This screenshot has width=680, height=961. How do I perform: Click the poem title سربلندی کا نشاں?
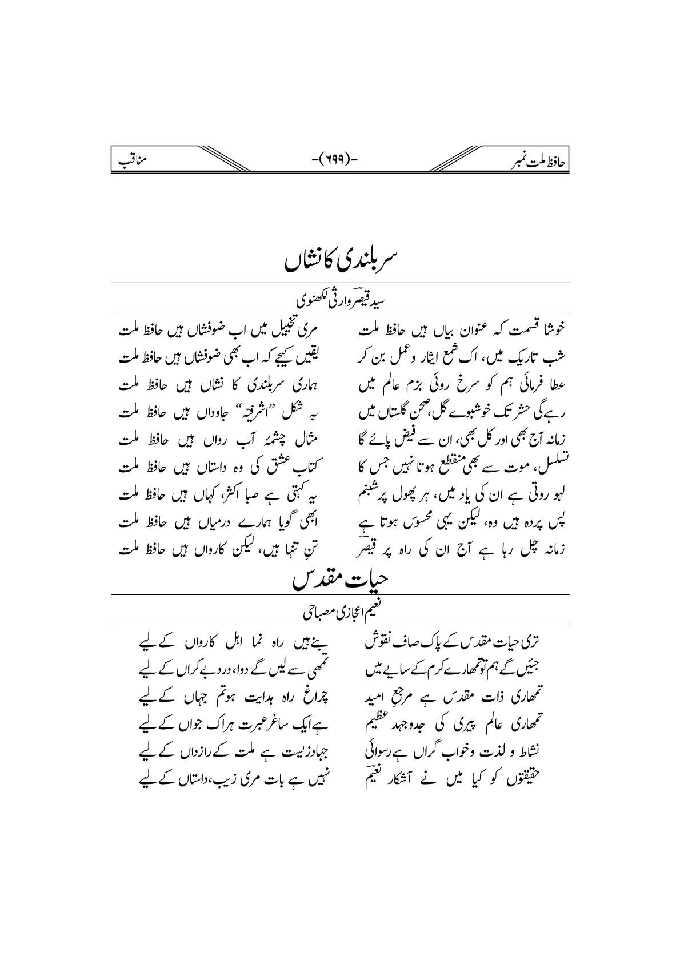pos(340,260)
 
